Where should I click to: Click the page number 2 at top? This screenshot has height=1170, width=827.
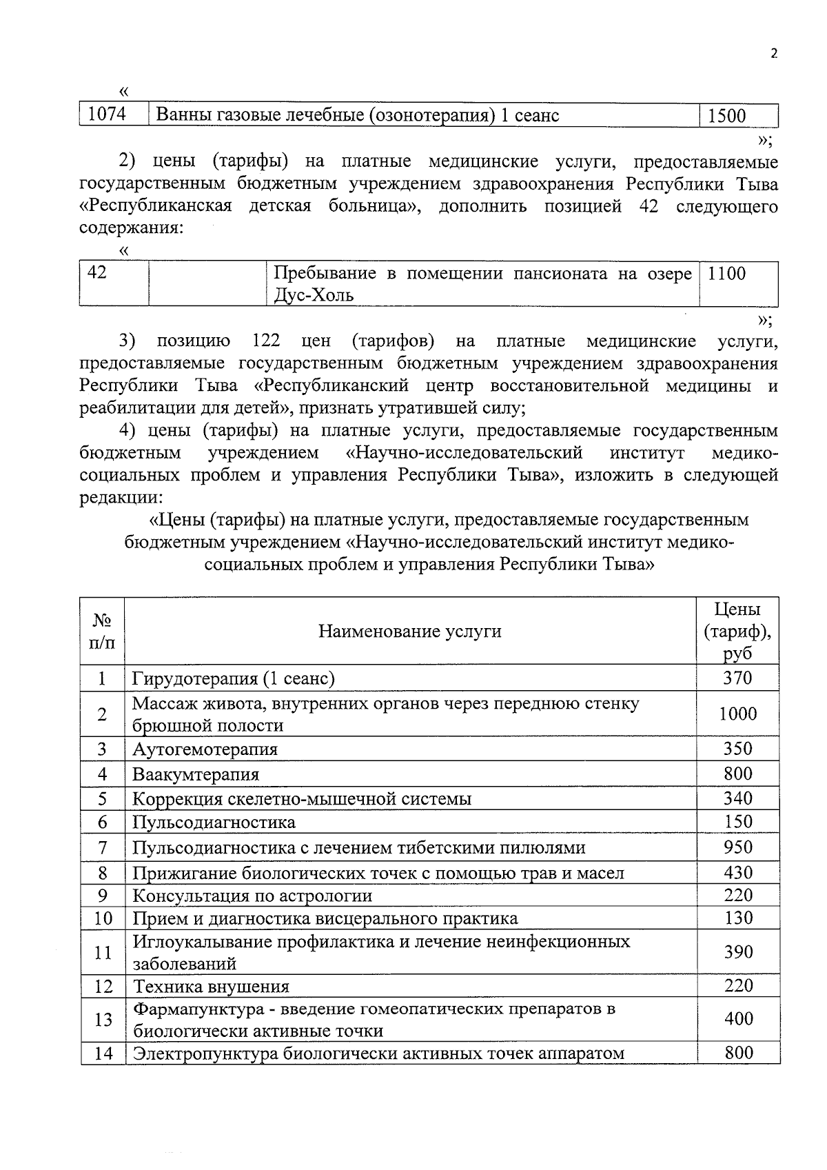click(774, 54)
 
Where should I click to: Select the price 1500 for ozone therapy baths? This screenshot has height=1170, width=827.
click(727, 115)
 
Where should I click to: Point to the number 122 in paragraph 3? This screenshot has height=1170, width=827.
click(266, 341)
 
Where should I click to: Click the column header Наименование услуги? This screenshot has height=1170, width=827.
click(409, 631)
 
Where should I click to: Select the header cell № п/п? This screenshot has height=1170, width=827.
click(102, 631)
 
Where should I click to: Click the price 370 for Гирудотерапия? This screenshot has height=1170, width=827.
click(737, 678)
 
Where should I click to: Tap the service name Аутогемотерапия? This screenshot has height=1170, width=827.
click(205, 749)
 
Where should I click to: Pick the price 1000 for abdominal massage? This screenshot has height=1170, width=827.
click(737, 714)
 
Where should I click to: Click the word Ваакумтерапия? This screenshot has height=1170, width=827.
click(196, 774)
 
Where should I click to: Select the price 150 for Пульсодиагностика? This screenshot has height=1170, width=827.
click(737, 822)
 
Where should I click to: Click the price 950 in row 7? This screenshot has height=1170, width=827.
click(737, 847)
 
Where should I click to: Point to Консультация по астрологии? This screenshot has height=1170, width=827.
click(252, 896)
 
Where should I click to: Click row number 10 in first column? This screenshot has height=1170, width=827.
click(103, 918)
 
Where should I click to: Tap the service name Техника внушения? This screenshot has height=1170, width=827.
click(211, 987)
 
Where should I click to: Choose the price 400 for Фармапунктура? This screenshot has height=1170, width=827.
click(737, 1018)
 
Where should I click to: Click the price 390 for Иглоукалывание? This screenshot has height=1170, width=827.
click(737, 952)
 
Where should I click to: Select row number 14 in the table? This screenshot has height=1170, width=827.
click(103, 1053)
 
